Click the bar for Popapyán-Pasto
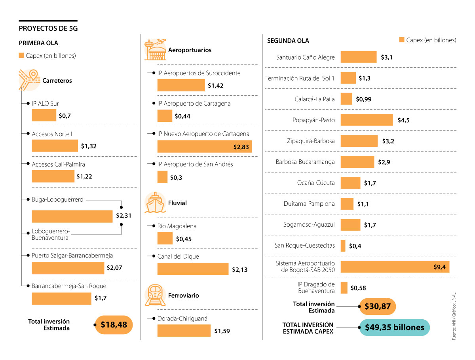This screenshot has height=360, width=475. pyautogui.click(x=367, y=120)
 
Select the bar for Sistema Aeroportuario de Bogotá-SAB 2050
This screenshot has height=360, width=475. pyautogui.click(x=395, y=267)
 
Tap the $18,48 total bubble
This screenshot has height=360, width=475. pyautogui.click(x=114, y=325)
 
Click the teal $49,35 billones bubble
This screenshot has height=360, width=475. pyautogui.click(x=394, y=328)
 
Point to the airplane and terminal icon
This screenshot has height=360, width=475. pyautogui.click(x=155, y=49)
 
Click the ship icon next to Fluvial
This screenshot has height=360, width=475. pyautogui.click(x=155, y=203)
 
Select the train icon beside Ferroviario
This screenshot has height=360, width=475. pyautogui.click(x=155, y=295)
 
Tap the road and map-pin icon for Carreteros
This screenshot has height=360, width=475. pyautogui.click(x=28, y=80)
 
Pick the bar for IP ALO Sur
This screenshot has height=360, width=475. pyautogui.click(x=44, y=115)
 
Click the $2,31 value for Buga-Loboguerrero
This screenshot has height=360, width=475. pyautogui.click(x=123, y=216)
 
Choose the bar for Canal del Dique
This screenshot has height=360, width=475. pyautogui.click(x=193, y=269)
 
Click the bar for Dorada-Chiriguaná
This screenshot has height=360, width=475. pyautogui.click(x=184, y=331)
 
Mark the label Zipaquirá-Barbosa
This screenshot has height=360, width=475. pyautogui.click(x=311, y=141)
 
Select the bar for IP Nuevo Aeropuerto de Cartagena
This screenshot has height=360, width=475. pyautogui.click(x=204, y=146)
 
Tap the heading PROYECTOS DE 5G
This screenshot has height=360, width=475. pyautogui.click(x=48, y=28)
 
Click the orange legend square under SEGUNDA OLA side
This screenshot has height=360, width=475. pyautogui.click(x=402, y=40)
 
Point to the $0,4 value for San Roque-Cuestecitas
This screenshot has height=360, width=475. pyautogui.click(x=355, y=246)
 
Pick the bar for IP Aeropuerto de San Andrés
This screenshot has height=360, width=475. pyautogui.click(x=162, y=177)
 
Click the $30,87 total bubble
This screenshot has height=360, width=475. pyautogui.click(x=377, y=307)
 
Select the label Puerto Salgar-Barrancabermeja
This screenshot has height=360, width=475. pyautogui.click(x=72, y=256)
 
